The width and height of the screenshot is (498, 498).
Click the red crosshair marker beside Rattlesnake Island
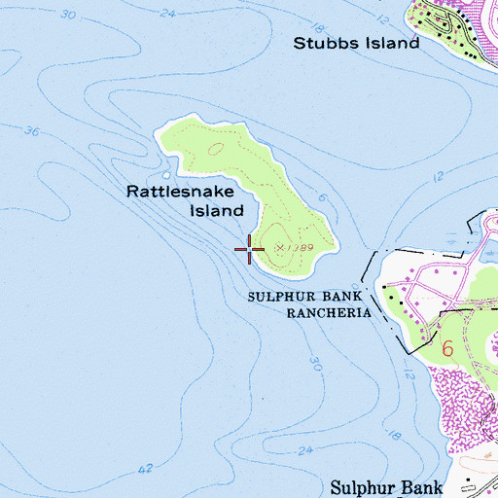pyautogui.click(x=250, y=250)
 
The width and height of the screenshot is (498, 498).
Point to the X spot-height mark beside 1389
pyautogui.click(x=281, y=248)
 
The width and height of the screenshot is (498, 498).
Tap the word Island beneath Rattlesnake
pyautogui.click(x=216, y=210)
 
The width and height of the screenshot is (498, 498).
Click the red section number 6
pyautogui.click(x=447, y=347)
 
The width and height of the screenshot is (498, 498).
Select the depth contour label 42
pyautogui.click(x=146, y=469)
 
